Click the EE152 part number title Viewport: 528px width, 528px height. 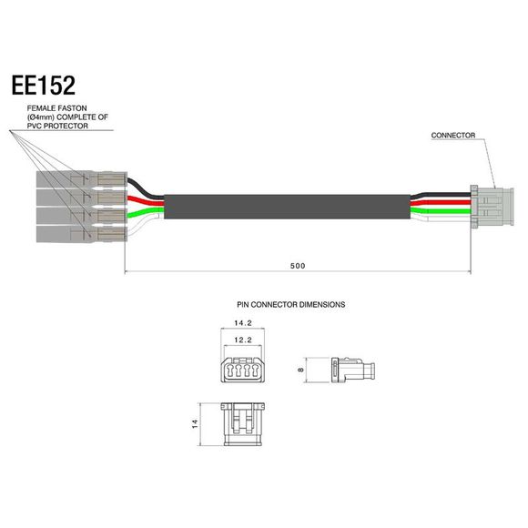(x=44, y=86)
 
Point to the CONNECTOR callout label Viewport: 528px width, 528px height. (x=454, y=135)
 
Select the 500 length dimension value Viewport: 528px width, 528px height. (x=298, y=266)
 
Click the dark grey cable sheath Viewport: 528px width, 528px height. (x=282, y=208)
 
